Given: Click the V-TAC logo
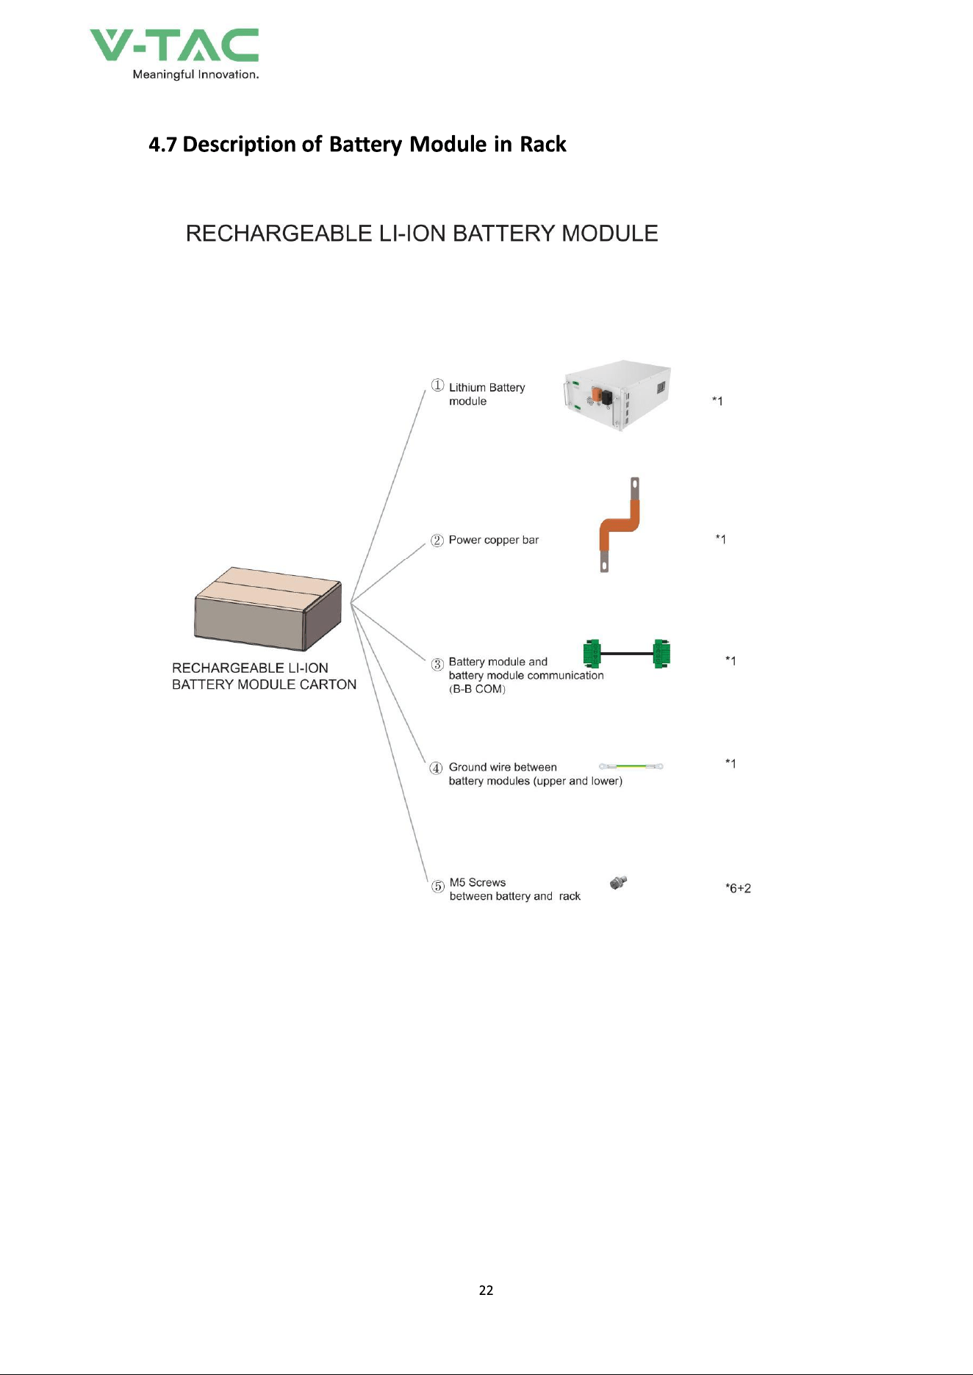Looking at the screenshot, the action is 174,54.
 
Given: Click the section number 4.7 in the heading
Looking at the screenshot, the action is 162,144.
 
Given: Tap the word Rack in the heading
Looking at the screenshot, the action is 543,144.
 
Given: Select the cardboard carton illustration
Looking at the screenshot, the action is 268,609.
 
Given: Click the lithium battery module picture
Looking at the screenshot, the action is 617,395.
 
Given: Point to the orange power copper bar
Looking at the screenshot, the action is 620,524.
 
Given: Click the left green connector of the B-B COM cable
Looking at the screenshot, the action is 592,654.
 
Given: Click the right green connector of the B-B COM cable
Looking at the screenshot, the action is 661,654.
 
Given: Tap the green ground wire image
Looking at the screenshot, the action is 631,766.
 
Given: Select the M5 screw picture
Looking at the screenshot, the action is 618,883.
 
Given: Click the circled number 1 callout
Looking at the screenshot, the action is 437,386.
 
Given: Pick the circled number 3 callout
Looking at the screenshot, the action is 437,665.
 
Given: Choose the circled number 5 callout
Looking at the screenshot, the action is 437,887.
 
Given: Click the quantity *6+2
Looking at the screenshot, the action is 738,888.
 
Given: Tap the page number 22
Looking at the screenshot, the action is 486,1291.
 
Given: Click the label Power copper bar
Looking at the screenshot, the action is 494,540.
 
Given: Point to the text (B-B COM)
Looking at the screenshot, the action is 477,689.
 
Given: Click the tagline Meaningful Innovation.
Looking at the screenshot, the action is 195,74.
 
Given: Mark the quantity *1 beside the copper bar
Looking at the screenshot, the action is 721,539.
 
